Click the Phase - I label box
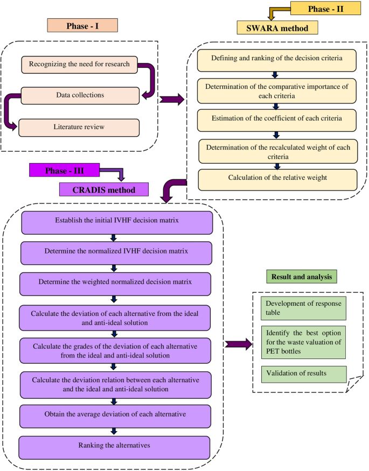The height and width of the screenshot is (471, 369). [x=82, y=26]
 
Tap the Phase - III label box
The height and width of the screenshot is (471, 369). [x=64, y=171]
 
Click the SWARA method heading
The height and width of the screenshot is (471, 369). [x=277, y=27]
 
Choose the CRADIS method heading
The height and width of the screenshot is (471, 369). [x=103, y=189]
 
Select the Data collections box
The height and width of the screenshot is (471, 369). [x=80, y=95]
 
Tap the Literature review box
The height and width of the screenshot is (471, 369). [x=79, y=127]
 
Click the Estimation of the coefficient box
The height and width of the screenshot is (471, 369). [x=277, y=118]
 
